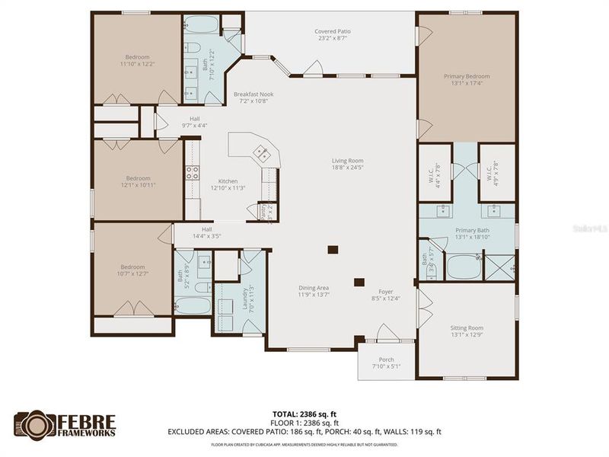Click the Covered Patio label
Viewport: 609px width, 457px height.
click(x=332, y=35)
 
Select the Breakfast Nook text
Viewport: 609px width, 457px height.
click(x=253, y=97)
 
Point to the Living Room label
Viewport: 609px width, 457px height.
click(x=347, y=165)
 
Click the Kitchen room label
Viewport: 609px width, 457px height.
click(x=228, y=184)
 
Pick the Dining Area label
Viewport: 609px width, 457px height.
click(x=313, y=291)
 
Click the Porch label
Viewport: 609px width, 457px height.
click(x=386, y=363)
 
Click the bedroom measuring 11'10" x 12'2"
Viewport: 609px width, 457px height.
click(x=138, y=60)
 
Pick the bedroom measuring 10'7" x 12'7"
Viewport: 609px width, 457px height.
click(x=132, y=270)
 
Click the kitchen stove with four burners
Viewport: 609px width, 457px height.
click(x=192, y=172)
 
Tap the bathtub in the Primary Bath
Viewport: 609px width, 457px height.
click(x=462, y=267)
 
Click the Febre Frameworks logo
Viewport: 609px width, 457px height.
click(x=65, y=424)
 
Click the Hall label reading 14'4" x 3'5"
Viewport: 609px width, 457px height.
click(x=206, y=233)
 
